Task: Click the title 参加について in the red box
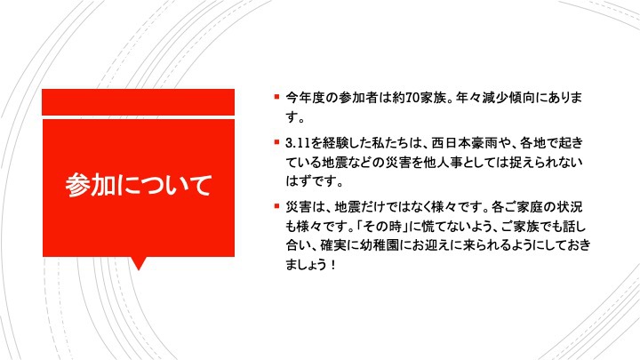tap(139, 185)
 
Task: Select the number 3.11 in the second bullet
tap(298, 143)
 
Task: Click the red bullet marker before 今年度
tap(276, 97)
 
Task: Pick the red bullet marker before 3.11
tap(276, 142)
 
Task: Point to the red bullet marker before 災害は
tap(276, 206)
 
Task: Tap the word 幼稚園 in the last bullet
tap(380, 245)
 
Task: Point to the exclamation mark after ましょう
tap(333, 265)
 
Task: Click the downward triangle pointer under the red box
tap(139, 263)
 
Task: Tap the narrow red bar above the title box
tap(139, 102)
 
